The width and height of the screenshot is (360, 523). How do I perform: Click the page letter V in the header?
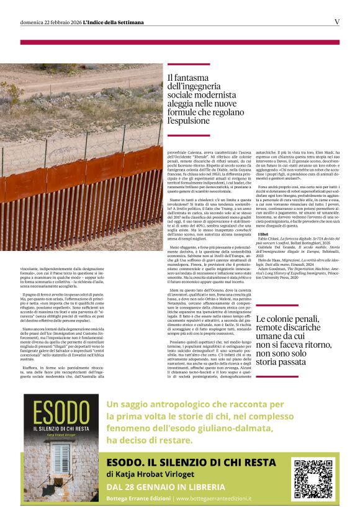337,22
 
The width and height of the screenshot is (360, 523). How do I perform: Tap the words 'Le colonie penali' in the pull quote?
284,319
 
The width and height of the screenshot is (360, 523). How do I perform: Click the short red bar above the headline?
189,64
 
